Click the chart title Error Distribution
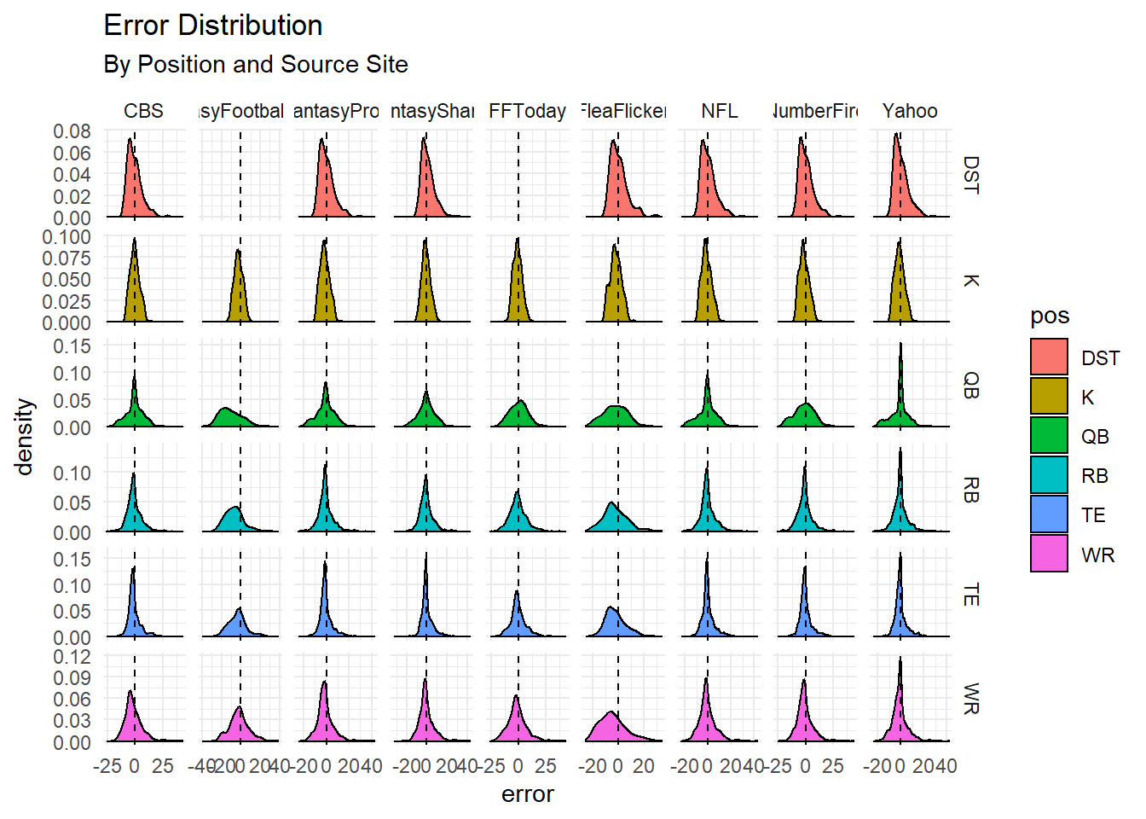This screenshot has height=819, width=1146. (x=213, y=26)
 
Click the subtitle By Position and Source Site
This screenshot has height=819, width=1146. (x=256, y=65)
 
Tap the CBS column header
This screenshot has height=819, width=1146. (x=143, y=111)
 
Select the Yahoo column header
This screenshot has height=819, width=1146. (x=910, y=111)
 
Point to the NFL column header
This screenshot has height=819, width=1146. (x=720, y=111)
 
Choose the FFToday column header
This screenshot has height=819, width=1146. (x=527, y=111)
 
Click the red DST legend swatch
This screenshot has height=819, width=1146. (x=1049, y=357)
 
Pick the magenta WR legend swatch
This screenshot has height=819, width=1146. (x=1049, y=553)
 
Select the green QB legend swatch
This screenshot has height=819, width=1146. (x=1049, y=435)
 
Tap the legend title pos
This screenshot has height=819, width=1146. (x=1050, y=317)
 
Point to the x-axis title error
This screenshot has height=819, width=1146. (x=527, y=794)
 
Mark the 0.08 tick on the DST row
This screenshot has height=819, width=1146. (x=72, y=131)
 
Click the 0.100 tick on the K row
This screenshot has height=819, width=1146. (x=67, y=237)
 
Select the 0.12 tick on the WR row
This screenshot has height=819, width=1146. (x=72, y=657)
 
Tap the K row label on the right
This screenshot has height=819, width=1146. (x=970, y=281)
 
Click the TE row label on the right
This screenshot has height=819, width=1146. (x=970, y=595)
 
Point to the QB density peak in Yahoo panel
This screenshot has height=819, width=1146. (x=900, y=345)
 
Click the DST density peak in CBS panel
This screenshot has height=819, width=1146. (x=130, y=139)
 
